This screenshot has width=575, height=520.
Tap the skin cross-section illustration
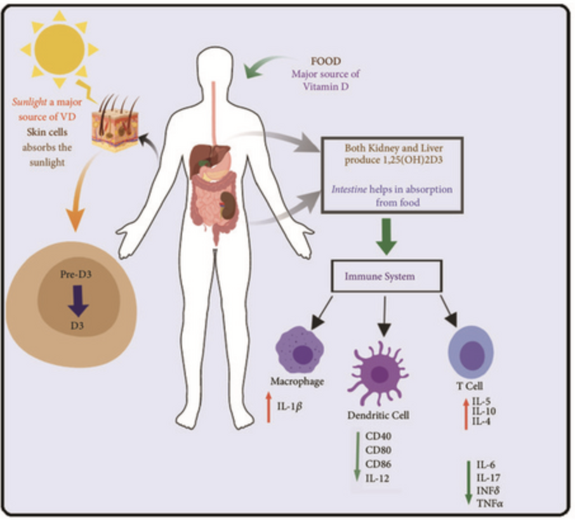tap(114, 124)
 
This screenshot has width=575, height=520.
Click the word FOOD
tap(325, 62)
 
